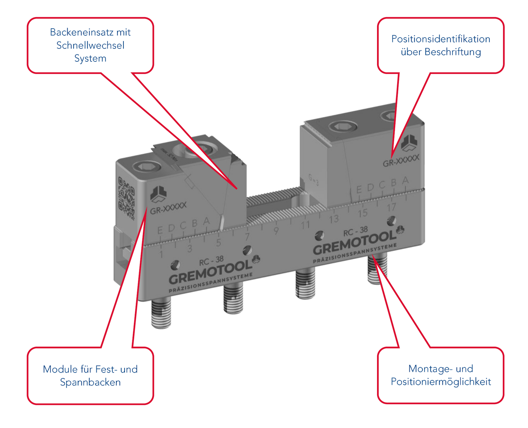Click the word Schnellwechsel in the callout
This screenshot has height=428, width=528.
pos(90,45)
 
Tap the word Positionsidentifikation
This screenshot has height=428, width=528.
pos(441,39)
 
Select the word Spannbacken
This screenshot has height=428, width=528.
pos(90,382)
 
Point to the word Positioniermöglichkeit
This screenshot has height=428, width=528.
pos(441,381)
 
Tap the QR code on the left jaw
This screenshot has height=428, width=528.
pos(126,197)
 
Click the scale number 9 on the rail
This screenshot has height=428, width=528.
pos(276,231)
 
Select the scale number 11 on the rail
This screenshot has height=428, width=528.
pos(305,225)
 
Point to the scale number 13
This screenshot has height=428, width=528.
pos(334,219)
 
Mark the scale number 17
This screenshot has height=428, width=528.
pos(391,207)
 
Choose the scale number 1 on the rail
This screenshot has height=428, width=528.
pos(161,255)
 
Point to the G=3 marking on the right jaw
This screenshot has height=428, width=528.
pos(313,180)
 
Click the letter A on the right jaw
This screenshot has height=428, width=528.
pos(405,181)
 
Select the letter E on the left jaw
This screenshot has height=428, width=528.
pos(160,231)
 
